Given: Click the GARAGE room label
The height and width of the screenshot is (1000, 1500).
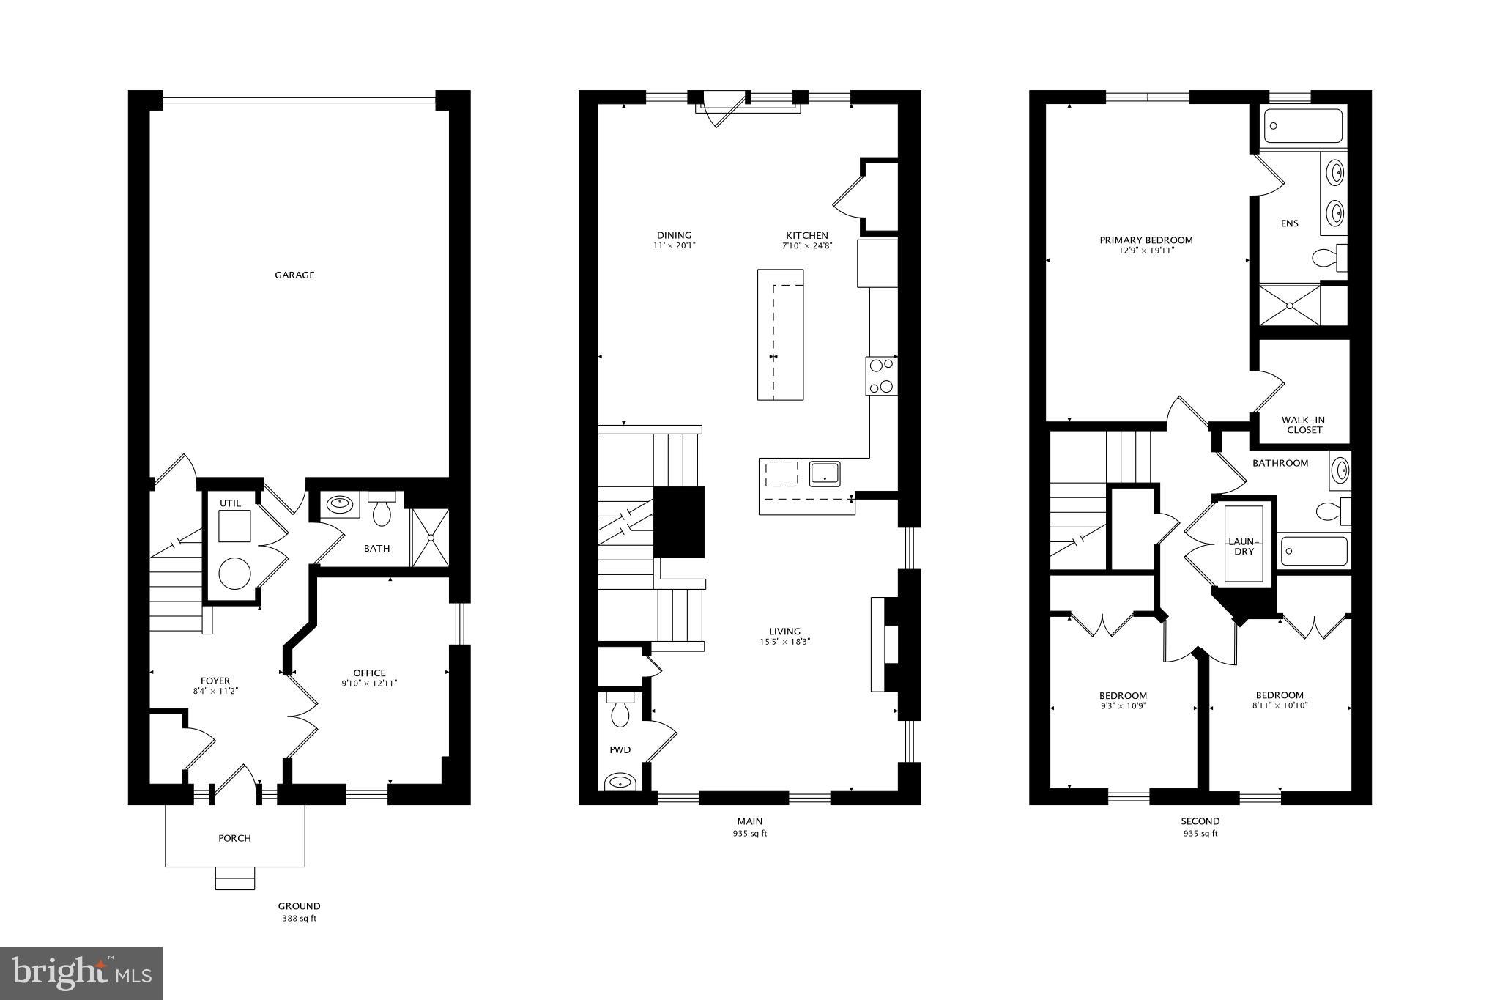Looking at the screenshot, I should (x=294, y=275).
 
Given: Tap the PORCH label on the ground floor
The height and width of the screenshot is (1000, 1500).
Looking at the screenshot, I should (x=234, y=838).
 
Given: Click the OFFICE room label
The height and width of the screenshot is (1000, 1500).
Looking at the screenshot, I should (x=369, y=673).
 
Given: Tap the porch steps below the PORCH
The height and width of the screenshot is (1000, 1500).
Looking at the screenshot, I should (x=234, y=878).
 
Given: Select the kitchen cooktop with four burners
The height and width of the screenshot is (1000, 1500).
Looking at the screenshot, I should (x=882, y=375).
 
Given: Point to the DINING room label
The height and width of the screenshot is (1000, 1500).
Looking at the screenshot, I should (x=674, y=236).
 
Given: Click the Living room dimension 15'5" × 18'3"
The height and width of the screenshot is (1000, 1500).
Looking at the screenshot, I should (x=784, y=642).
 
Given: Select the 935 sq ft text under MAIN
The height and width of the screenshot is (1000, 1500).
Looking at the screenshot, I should (x=749, y=834).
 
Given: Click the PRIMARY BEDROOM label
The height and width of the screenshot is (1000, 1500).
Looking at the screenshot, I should (x=1146, y=240).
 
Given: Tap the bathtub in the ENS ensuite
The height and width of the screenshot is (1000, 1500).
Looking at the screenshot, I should (x=1303, y=126).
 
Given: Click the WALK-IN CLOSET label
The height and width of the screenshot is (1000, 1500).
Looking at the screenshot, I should (x=1303, y=425).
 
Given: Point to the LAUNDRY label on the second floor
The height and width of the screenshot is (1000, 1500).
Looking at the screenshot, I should (x=1244, y=547).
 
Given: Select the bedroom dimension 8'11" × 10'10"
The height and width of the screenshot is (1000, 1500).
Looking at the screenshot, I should (x=1280, y=706).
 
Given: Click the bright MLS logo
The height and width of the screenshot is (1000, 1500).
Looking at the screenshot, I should (x=81, y=973).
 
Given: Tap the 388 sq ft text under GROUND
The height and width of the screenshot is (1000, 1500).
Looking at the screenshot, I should (x=299, y=919).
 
